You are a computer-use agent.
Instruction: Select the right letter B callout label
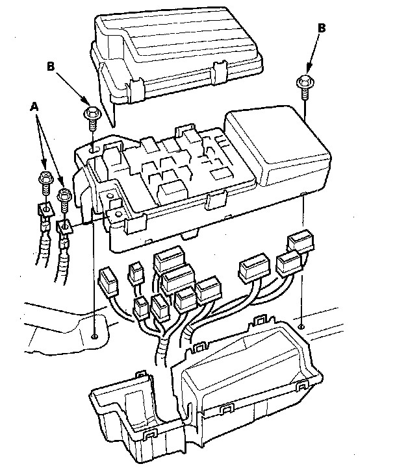pyautogui.click(x=322, y=28)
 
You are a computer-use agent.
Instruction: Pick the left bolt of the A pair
pyautogui.click(x=45, y=181)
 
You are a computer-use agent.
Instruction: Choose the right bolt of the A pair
pyautogui.click(x=64, y=197)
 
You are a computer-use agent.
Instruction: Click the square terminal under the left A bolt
pyautogui.click(x=45, y=210)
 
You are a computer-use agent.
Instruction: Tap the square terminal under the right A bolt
pyautogui.click(x=65, y=226)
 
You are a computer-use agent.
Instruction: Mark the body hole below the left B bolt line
pyautogui.click(x=95, y=336)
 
